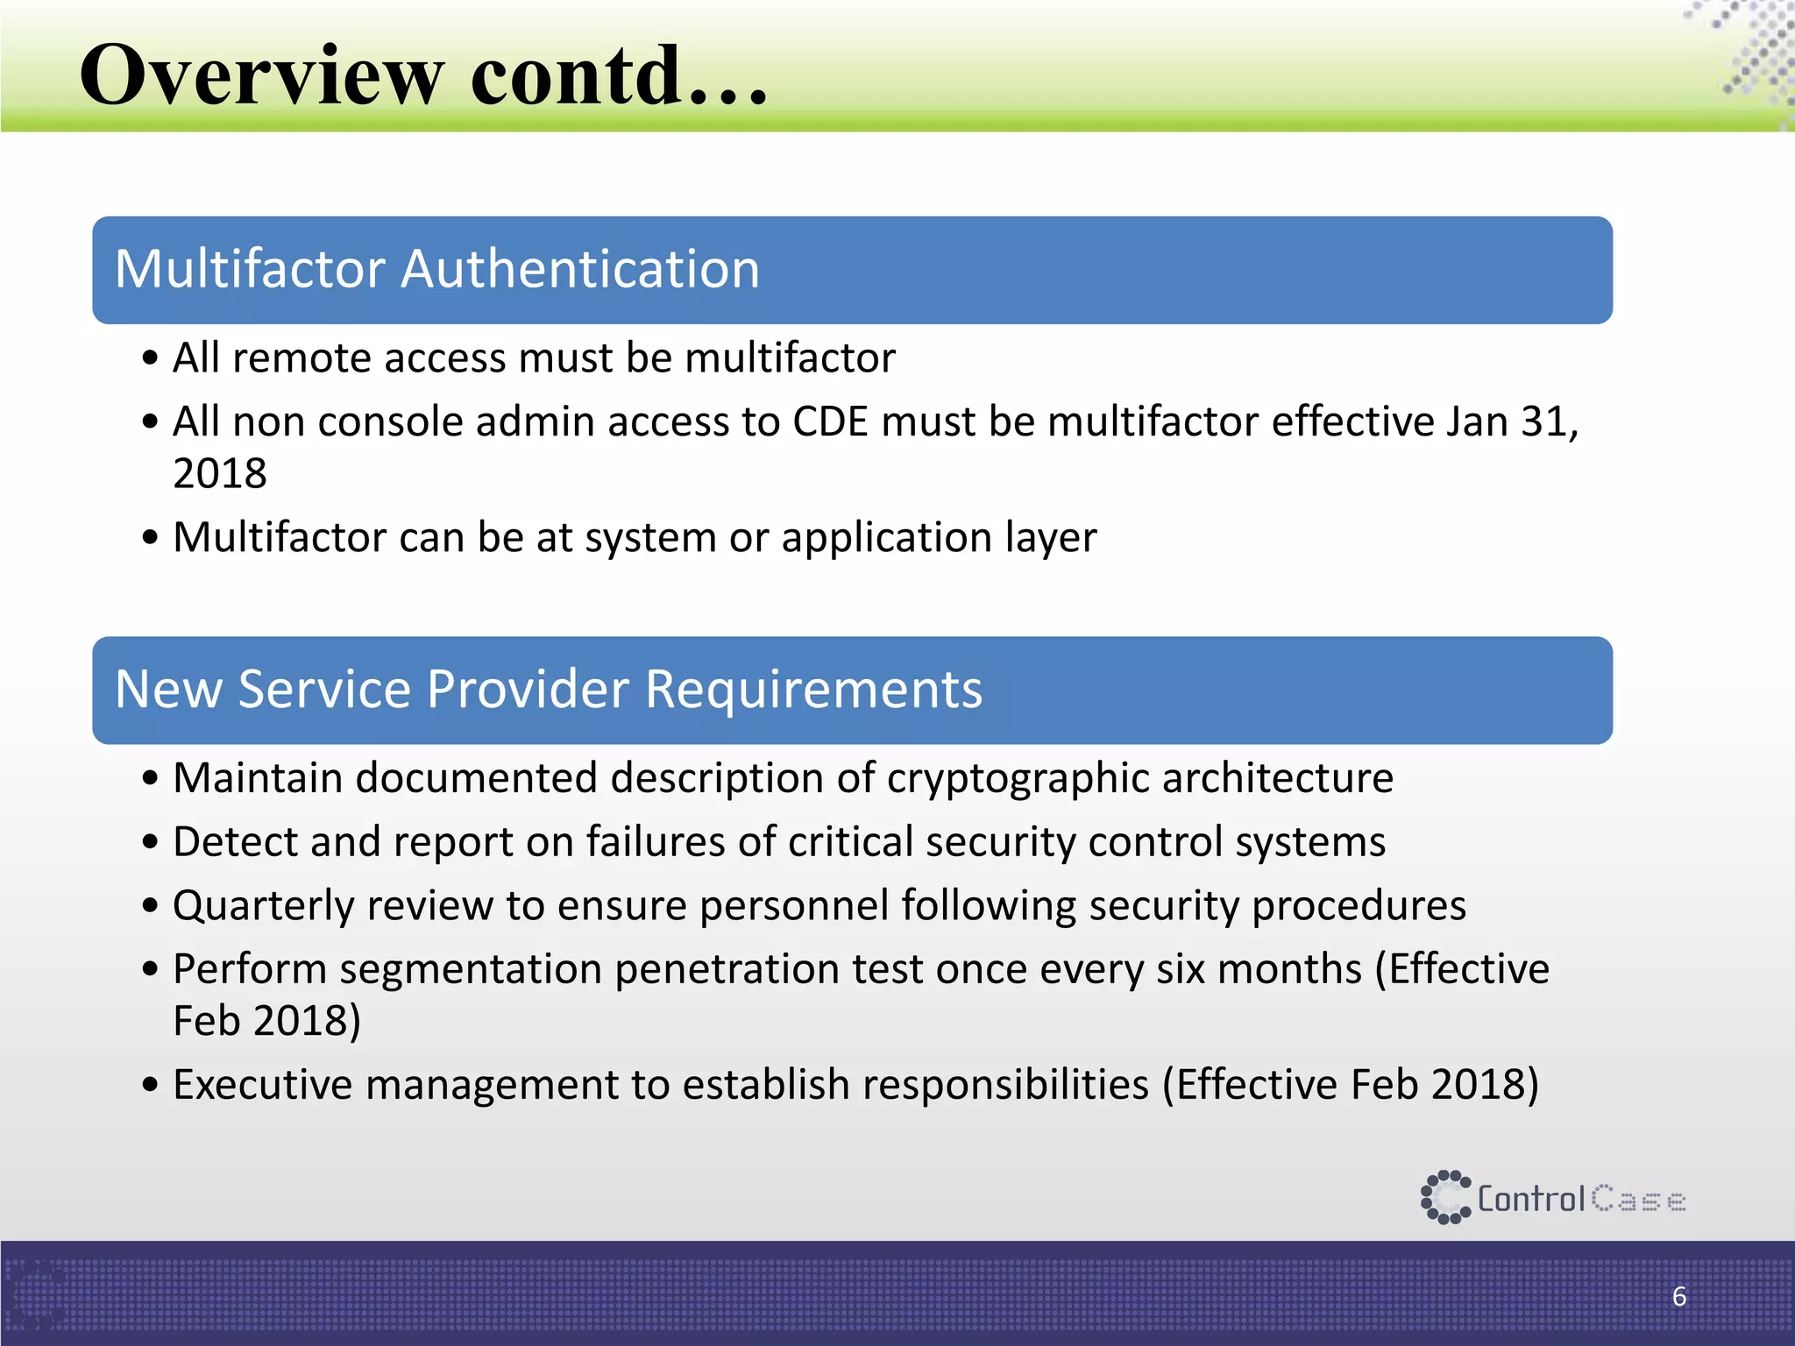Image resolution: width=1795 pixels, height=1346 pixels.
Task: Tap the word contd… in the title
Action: [619, 76]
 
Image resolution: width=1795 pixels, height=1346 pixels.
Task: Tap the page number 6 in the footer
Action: [1679, 1296]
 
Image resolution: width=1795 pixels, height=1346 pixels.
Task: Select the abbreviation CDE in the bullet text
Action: [830, 422]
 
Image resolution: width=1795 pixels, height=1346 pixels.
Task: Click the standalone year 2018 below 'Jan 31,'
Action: [220, 474]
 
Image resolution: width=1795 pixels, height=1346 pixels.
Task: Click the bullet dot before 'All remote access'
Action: [151, 358]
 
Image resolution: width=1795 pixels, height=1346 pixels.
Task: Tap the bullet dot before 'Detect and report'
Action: [151, 842]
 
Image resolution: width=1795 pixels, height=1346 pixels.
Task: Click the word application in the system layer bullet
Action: [886, 538]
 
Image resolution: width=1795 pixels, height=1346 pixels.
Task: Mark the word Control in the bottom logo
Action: [1531, 1199]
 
